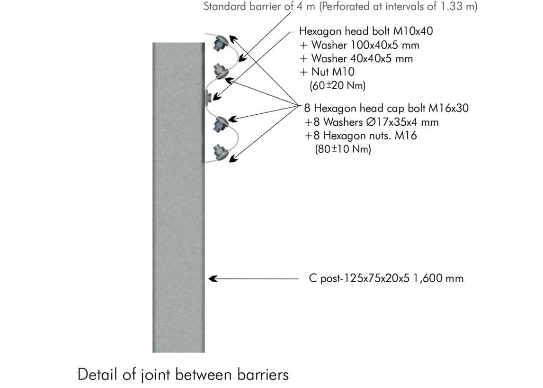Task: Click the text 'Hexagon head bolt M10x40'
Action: [x=366, y=32]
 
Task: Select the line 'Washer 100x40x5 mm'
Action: [x=365, y=46]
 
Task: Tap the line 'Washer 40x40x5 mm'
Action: [x=362, y=59]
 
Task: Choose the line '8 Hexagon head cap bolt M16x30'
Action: [x=386, y=108]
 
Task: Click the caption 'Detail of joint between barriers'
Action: [x=183, y=375]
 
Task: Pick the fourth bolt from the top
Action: [x=220, y=125]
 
